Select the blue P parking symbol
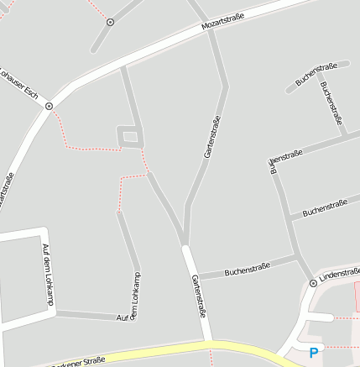[315, 354]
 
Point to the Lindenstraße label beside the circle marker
[339, 275]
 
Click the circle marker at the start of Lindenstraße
[313, 283]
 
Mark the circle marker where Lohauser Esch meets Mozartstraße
[49, 106]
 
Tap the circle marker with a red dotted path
[110, 22]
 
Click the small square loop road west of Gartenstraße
[128, 135]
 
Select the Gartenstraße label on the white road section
[198, 296]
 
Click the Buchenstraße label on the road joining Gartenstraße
[247, 270]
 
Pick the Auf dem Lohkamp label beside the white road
[46, 272]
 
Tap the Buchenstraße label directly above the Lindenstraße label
[325, 207]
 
